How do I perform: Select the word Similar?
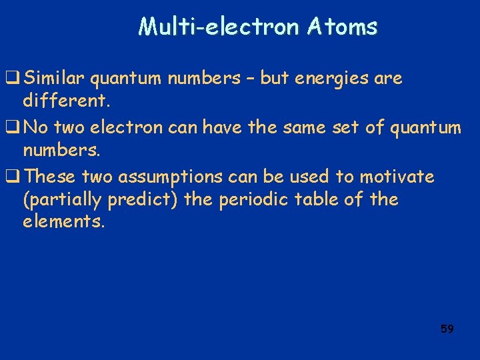click(x=54, y=79)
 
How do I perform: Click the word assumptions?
click(x=161, y=177)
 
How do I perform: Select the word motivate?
click(x=397, y=177)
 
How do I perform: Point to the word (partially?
click(x=58, y=199)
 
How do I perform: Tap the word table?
click(x=321, y=199)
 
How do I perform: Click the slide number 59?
click(x=447, y=329)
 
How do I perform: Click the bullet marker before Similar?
click(x=12, y=79)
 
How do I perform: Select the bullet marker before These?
click(x=12, y=177)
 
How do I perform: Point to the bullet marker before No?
click(x=12, y=128)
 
